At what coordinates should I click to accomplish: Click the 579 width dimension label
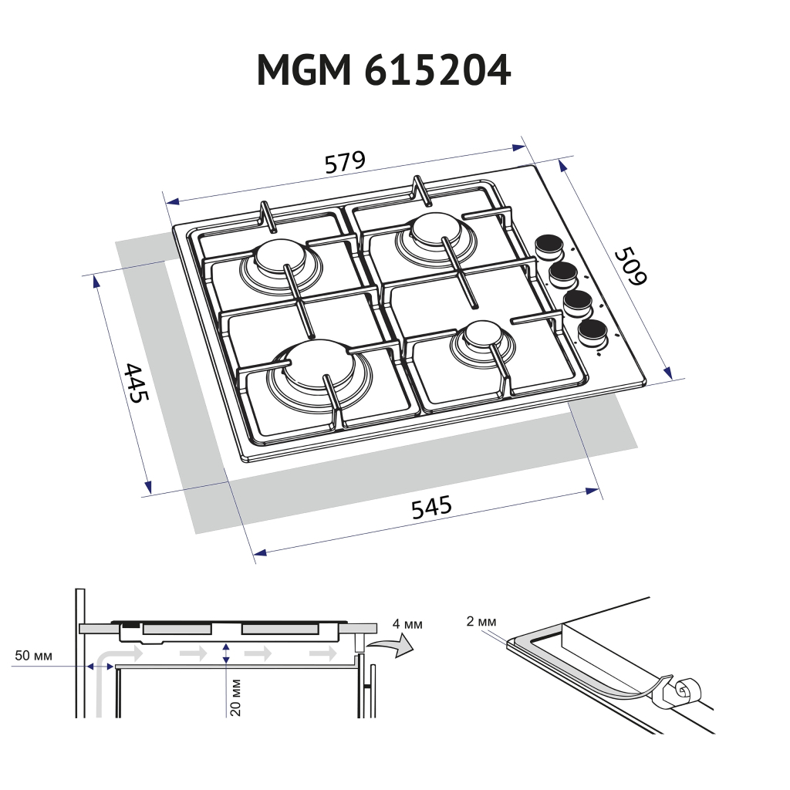(x=344, y=163)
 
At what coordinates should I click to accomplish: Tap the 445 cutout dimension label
(x=136, y=383)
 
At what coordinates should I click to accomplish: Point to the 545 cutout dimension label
(x=430, y=508)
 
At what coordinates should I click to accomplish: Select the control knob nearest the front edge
(x=592, y=332)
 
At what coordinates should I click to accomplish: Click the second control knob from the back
(x=563, y=272)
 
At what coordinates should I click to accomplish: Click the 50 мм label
(x=33, y=657)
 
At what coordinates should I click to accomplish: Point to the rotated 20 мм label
(x=236, y=697)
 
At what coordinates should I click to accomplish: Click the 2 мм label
(x=481, y=621)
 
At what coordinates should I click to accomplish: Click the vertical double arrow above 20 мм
(x=225, y=653)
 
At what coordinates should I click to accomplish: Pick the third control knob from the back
(x=577, y=302)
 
